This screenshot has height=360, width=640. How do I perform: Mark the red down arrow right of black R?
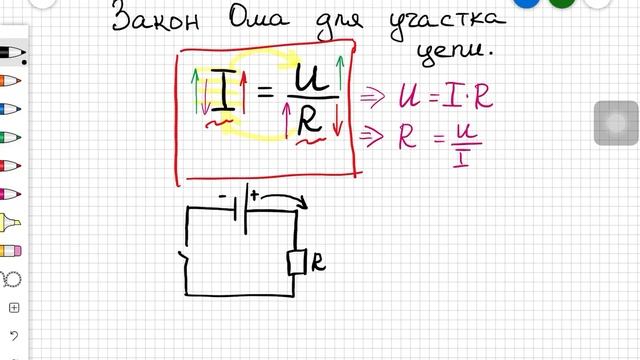[338, 124]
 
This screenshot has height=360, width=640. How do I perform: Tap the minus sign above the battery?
[221, 197]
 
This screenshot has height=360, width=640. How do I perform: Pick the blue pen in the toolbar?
[11, 108]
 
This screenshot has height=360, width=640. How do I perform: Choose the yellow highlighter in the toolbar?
[11, 221]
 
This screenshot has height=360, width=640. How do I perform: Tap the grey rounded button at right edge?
[611, 123]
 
